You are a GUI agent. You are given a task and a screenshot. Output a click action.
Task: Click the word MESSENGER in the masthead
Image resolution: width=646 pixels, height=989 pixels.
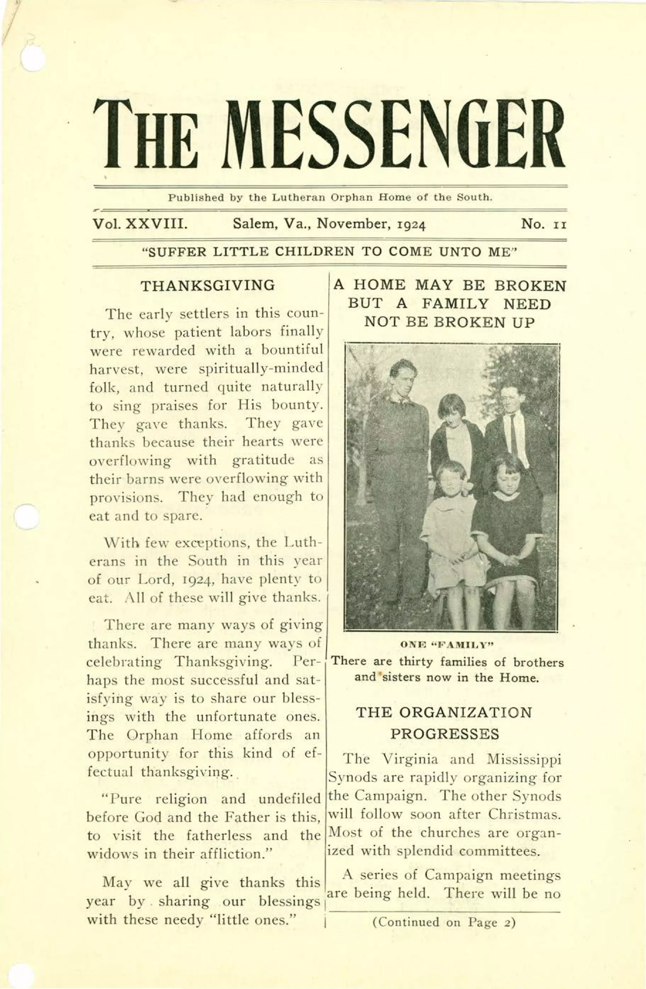[x=397, y=134]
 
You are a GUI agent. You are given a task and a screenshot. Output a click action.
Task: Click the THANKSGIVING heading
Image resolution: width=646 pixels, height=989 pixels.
[x=208, y=286]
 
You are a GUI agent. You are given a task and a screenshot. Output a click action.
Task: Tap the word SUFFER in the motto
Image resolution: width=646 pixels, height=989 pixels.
[x=173, y=252]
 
